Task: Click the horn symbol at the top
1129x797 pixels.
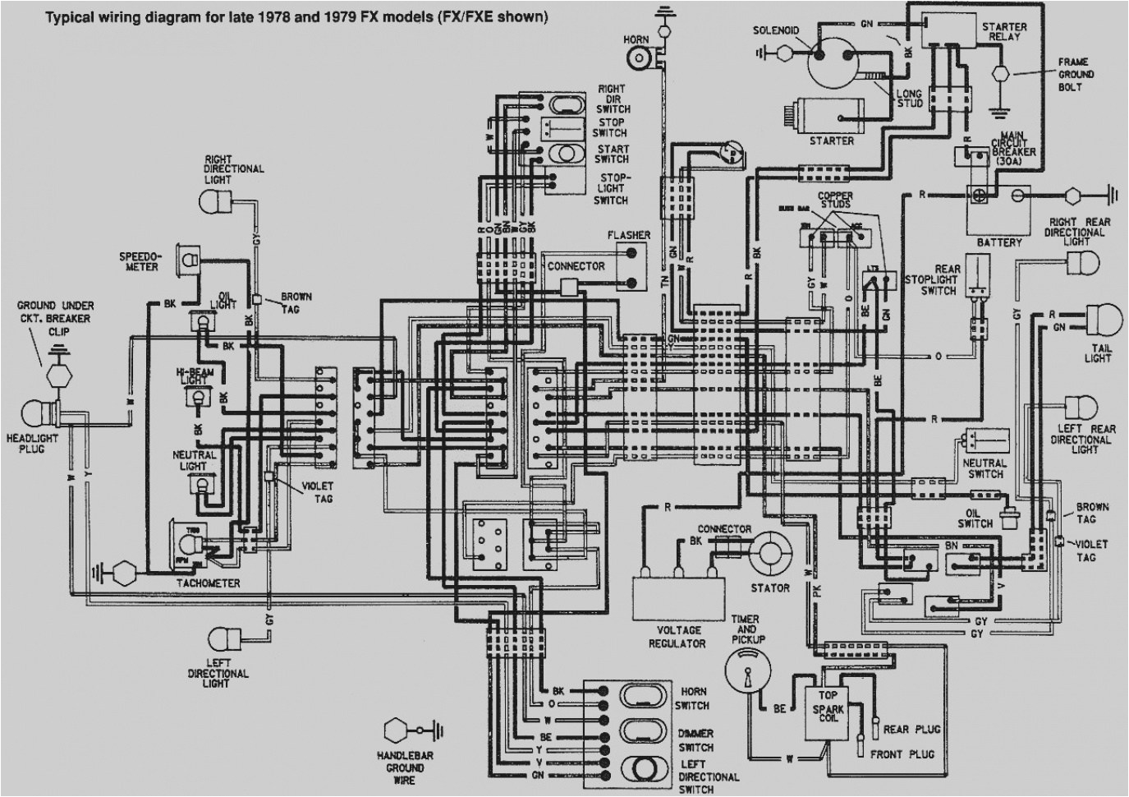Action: pyautogui.click(x=637, y=57)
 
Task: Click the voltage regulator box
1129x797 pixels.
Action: pyautogui.click(x=678, y=596)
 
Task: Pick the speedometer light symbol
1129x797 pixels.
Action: pyautogui.click(x=190, y=259)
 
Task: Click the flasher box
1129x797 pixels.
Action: pyautogui.click(x=630, y=267)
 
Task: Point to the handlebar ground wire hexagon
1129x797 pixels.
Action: pyautogui.click(x=397, y=730)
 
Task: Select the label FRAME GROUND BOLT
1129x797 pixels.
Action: pyautogui.click(x=1074, y=74)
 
